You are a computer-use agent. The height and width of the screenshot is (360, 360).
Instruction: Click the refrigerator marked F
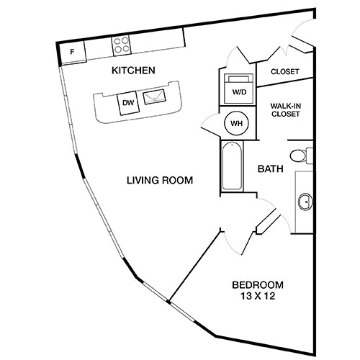coord(73,52)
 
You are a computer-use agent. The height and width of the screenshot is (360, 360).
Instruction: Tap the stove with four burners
coord(120,45)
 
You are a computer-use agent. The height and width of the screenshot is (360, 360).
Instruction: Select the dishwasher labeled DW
coord(128,103)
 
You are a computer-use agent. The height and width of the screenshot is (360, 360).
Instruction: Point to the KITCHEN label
coord(133,71)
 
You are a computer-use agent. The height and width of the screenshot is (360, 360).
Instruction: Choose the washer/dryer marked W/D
coord(237,87)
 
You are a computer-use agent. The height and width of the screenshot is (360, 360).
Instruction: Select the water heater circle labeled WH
coord(236,123)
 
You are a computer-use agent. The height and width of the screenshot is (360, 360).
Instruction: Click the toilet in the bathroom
coord(303,154)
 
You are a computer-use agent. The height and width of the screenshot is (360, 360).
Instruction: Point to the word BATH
coord(270,170)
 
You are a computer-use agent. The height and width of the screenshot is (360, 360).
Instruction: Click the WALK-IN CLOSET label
coord(285,109)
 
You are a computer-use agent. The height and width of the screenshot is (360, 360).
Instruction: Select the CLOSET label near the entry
coord(284,72)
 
